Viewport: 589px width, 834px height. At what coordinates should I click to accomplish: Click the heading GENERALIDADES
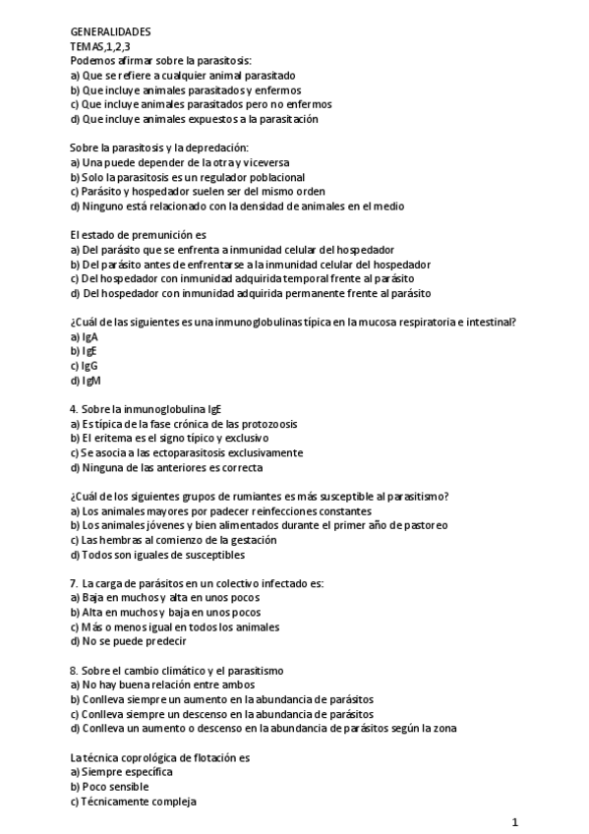[110, 32]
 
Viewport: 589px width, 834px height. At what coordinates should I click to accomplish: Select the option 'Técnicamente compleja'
[133, 802]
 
